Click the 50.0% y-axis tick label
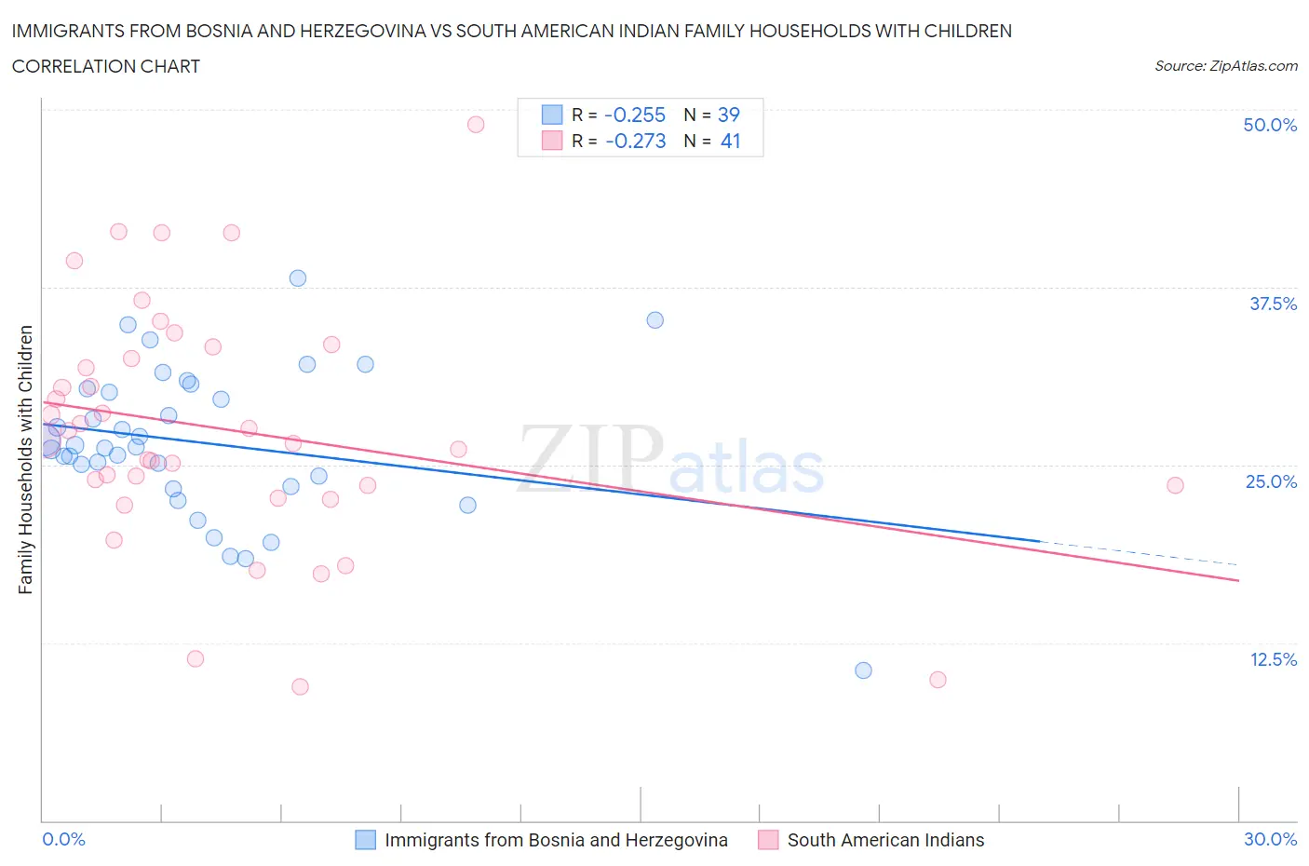click(x=1270, y=125)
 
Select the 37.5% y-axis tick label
click(x=1273, y=304)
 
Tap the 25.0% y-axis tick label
click(x=1271, y=481)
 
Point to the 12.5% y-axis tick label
click(x=1273, y=659)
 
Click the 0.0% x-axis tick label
click(x=63, y=839)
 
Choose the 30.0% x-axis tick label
click(x=1270, y=839)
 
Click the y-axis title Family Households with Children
click(x=25, y=459)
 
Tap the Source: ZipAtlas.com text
click(x=1225, y=66)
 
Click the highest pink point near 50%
click(x=476, y=125)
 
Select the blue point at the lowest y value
click(x=863, y=670)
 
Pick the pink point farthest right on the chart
click(x=1175, y=485)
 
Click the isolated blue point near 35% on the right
click(x=654, y=320)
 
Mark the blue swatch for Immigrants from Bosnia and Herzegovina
click(x=366, y=840)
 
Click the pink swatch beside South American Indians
click(x=768, y=840)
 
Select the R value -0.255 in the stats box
click(x=634, y=115)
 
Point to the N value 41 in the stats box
click(x=730, y=141)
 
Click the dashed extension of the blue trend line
click(x=1136, y=553)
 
